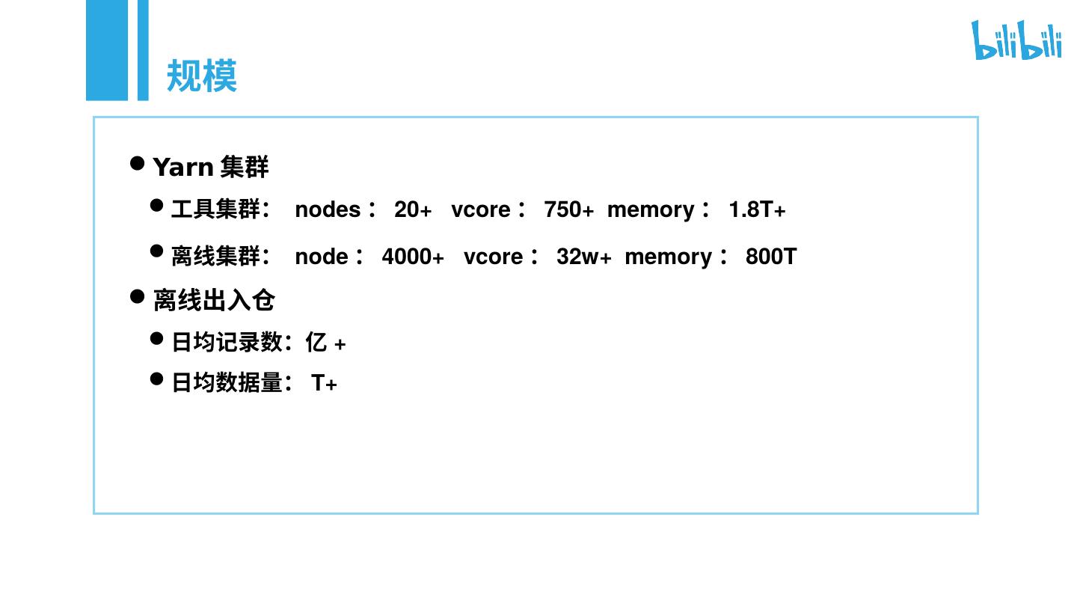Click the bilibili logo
click(x=1016, y=40)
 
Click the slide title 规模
click(x=201, y=76)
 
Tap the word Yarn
click(x=183, y=167)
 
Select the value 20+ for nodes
click(x=413, y=210)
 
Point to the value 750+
click(x=568, y=210)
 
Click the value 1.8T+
click(x=757, y=210)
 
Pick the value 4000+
click(x=413, y=257)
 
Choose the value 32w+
click(x=583, y=257)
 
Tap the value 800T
click(x=770, y=257)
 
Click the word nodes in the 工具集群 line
click(x=328, y=210)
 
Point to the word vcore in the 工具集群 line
click(x=480, y=210)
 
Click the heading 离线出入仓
click(x=214, y=300)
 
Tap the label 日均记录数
click(x=227, y=343)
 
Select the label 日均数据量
click(x=227, y=383)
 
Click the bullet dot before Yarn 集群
click(x=137, y=163)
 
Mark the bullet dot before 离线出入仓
click(x=137, y=296)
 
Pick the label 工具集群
click(x=215, y=209)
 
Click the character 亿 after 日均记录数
click(x=316, y=343)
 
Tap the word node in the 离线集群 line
click(x=322, y=257)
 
